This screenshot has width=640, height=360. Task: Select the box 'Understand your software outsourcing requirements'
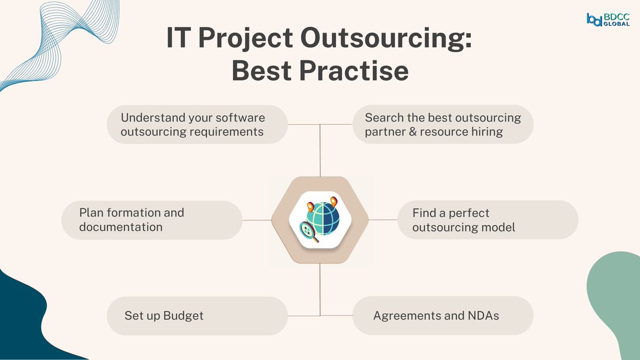[x=197, y=124]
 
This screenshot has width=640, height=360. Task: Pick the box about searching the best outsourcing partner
[x=443, y=124]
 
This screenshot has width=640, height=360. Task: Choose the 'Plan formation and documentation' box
[x=152, y=220]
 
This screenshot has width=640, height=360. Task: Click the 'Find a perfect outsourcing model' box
[x=488, y=220]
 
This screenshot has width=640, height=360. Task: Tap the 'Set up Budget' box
[x=197, y=316]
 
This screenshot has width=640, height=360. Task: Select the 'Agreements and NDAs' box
[x=443, y=316]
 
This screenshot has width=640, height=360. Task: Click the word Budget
[x=183, y=316]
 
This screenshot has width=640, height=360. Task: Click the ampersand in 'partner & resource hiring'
[x=412, y=132]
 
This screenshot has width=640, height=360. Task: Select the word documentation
[x=121, y=227]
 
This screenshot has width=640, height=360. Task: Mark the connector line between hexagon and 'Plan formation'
[x=257, y=220]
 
